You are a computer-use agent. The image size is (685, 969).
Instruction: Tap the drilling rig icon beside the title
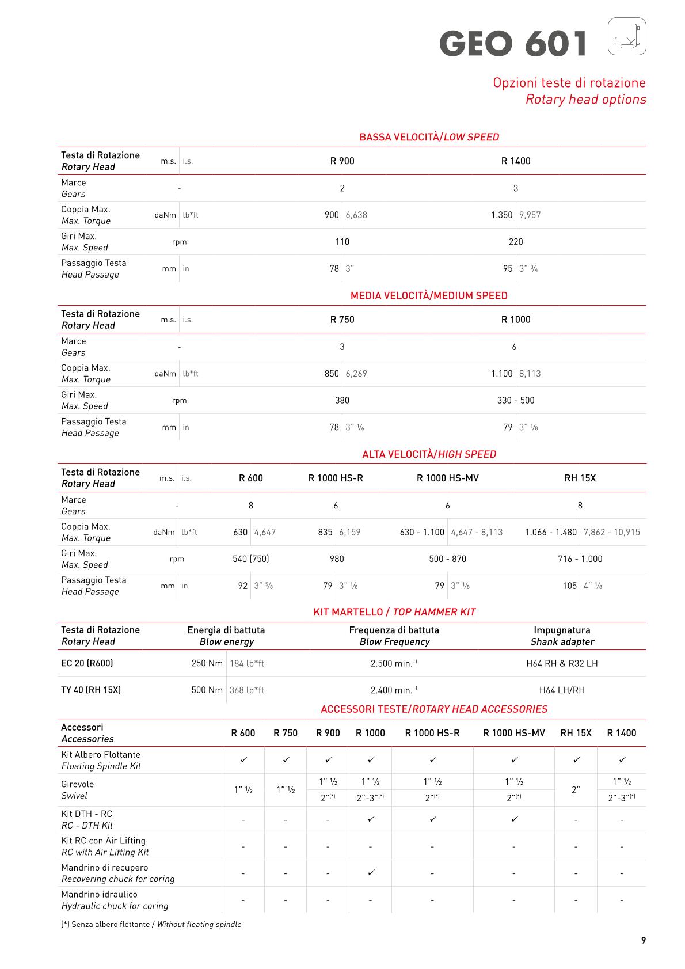627,36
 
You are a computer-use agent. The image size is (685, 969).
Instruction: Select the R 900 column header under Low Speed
342,161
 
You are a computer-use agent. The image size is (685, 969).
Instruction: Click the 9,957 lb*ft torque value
530,215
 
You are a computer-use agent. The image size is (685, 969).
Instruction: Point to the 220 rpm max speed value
516,242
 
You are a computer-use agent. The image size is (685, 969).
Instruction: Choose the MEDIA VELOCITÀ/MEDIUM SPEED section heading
429,296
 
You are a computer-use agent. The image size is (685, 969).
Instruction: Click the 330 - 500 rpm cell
516,400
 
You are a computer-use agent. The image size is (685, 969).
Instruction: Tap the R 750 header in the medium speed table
342,320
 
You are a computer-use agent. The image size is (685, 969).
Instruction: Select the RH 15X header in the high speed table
580,478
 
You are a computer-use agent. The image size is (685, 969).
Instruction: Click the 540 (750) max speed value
250,558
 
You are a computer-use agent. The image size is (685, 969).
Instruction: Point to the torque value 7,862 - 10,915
611,532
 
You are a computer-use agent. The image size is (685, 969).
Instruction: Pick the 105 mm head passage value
569,586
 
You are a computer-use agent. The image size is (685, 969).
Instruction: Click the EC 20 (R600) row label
87,663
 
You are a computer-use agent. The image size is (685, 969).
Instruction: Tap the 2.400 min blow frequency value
394,690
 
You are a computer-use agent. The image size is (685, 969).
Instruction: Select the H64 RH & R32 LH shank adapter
562,663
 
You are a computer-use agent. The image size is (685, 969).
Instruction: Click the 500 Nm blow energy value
207,690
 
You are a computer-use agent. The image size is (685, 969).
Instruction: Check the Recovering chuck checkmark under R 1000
371,873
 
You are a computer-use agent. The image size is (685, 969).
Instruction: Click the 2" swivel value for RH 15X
575,790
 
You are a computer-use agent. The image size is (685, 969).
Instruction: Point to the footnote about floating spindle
151,924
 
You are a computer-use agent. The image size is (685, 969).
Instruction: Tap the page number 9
643,940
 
